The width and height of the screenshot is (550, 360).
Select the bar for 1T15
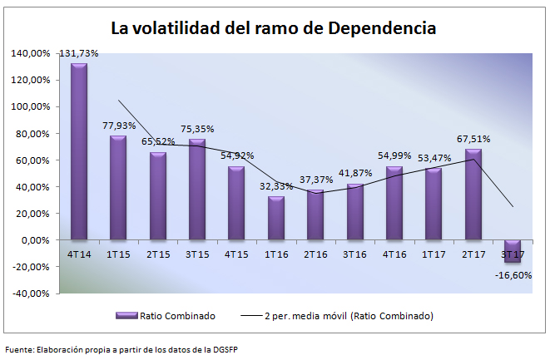118,188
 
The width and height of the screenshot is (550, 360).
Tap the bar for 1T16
276,218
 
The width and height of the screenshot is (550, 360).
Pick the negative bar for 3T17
513,251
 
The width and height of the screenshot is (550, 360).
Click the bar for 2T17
473,195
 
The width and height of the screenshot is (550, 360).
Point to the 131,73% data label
79,53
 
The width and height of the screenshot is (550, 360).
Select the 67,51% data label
473,139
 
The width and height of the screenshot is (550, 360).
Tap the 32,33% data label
275,186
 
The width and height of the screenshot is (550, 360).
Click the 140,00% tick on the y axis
31,53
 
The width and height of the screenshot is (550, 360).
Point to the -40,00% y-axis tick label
31,293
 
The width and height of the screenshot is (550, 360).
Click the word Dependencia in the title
382,28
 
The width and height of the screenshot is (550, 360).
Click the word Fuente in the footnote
19,349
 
